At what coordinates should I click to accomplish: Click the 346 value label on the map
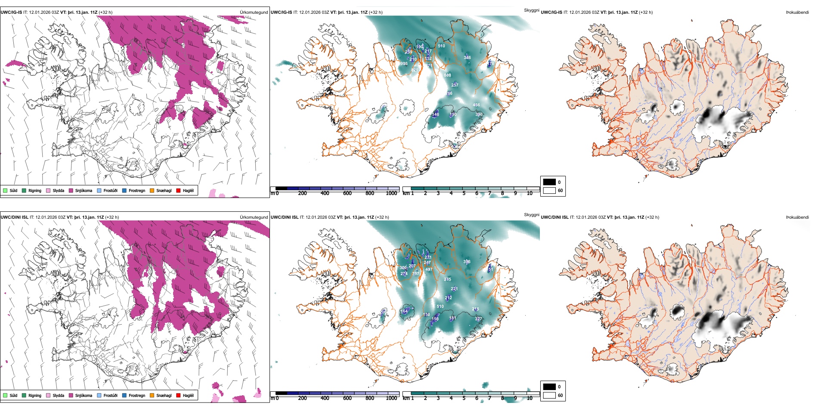467,57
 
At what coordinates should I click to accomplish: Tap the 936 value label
404,64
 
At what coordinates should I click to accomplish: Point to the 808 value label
447,75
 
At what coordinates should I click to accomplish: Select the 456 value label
476,105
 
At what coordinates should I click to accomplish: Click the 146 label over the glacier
436,114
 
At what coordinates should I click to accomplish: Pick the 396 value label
467,262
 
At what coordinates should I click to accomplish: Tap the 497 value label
429,270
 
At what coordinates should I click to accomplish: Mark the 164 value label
404,311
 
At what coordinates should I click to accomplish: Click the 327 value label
478,319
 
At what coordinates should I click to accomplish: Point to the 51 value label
490,270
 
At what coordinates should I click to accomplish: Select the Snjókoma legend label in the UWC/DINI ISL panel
84,395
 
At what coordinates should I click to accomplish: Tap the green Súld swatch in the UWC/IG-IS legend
5,190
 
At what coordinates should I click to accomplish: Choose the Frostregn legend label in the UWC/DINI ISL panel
137,395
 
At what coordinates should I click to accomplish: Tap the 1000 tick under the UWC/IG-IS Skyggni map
391,193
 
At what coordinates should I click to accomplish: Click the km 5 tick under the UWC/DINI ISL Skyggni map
464,398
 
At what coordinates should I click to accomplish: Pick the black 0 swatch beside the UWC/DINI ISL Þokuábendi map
549,387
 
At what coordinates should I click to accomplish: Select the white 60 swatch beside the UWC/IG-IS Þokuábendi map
549,190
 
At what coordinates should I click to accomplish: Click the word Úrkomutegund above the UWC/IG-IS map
254,12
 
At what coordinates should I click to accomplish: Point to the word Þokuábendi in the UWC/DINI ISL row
797,217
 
